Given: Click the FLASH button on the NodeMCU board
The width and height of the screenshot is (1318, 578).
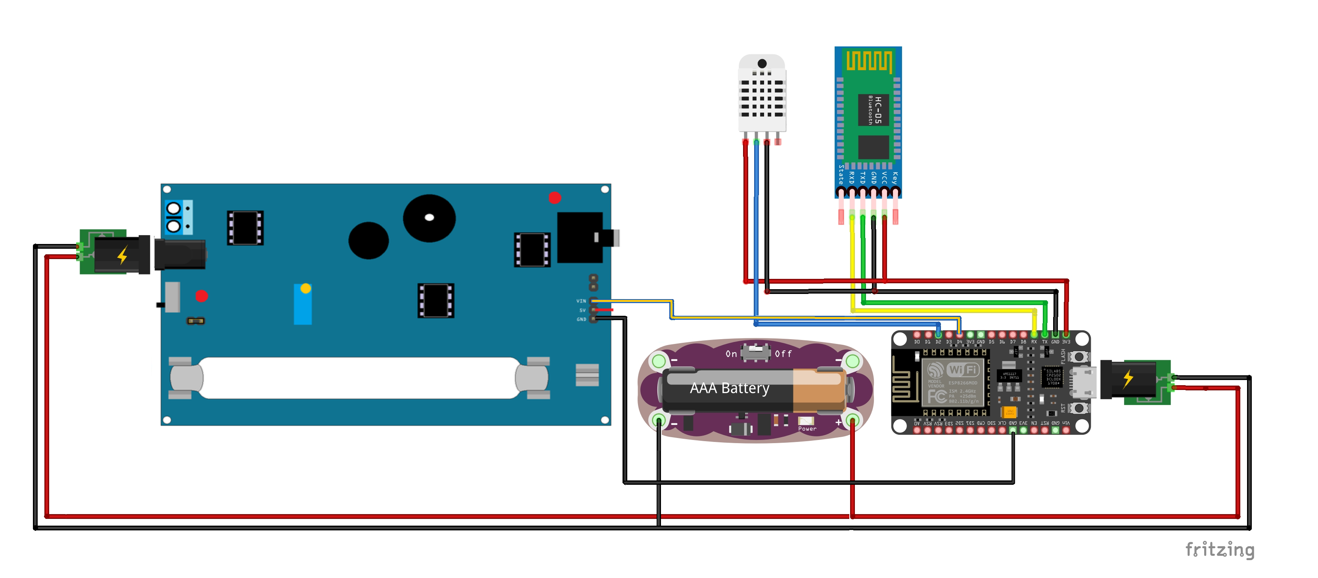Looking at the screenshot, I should [x=1079, y=356].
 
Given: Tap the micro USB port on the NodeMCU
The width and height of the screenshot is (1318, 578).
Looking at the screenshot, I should [x=1084, y=382].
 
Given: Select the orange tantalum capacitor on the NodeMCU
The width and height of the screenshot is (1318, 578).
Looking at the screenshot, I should [x=1009, y=412].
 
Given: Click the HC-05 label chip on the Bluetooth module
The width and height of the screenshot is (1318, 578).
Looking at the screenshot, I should [x=874, y=109].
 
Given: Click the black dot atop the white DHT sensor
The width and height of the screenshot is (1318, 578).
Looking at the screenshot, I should [x=762, y=63].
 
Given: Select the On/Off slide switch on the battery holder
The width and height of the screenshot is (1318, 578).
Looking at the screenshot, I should [x=756, y=352].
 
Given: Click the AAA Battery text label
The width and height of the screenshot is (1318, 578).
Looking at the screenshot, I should [x=729, y=388].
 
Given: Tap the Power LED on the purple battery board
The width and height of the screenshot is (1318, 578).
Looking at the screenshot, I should [x=806, y=421].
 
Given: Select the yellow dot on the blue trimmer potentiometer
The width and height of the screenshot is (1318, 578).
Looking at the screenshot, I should [x=305, y=288].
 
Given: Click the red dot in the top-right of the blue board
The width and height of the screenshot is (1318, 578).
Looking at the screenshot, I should [x=555, y=198].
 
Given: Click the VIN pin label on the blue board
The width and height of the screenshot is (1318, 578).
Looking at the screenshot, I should [x=581, y=301].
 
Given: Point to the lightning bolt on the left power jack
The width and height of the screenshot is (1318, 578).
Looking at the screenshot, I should [x=122, y=255].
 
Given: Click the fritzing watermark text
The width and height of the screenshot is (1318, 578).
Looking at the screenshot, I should [x=1219, y=549].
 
